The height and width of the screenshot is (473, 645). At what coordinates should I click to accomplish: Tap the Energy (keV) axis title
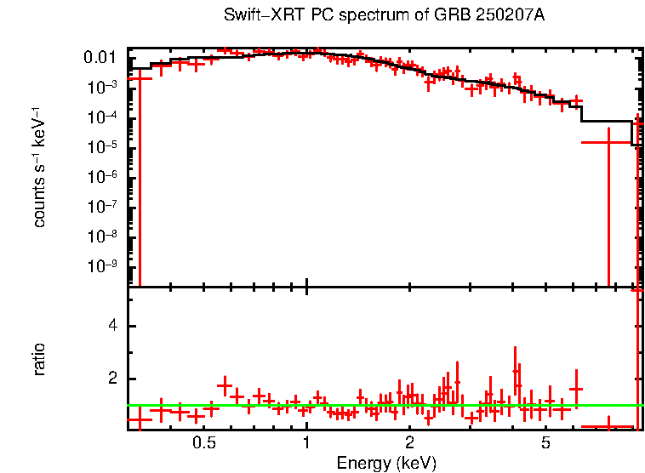(386, 464)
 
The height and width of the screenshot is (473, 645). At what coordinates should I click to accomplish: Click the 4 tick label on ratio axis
(111, 327)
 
